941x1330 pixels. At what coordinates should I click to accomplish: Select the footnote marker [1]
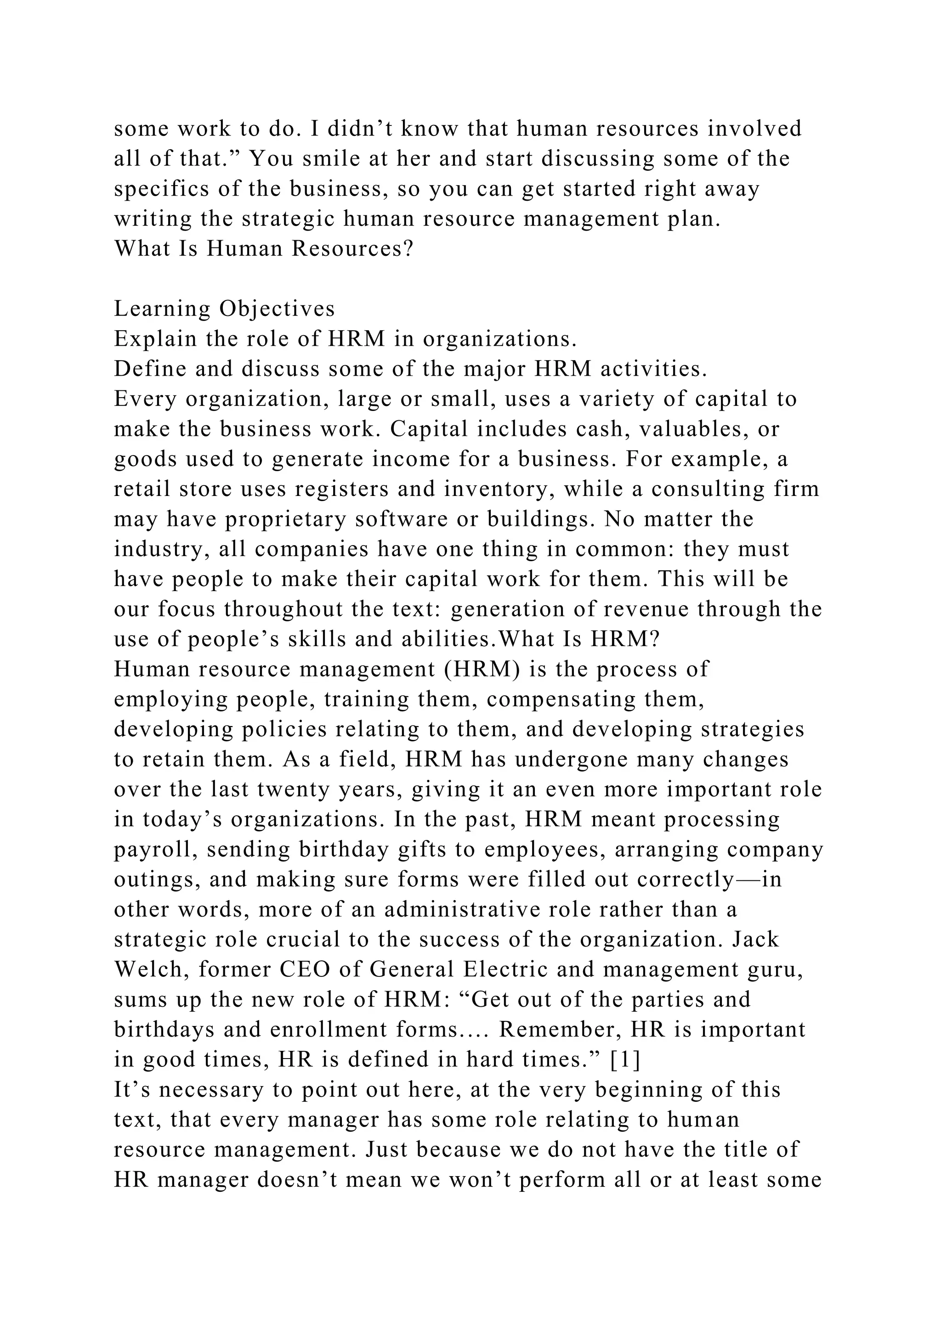[x=626, y=1060]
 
